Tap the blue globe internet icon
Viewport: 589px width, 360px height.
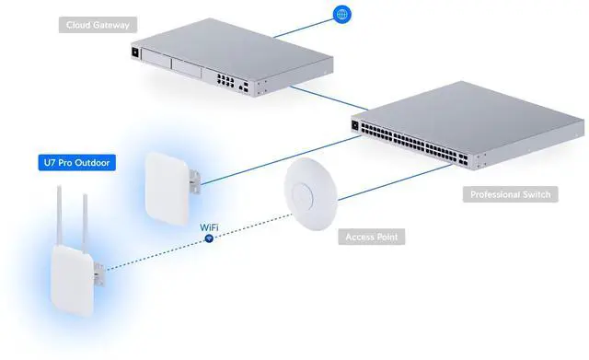pos(341,16)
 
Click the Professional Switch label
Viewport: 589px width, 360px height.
pos(510,195)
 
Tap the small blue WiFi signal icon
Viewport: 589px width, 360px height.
pos(209,238)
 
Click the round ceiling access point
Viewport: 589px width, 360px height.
pos(312,189)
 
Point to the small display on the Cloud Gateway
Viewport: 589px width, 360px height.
pos(138,52)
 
